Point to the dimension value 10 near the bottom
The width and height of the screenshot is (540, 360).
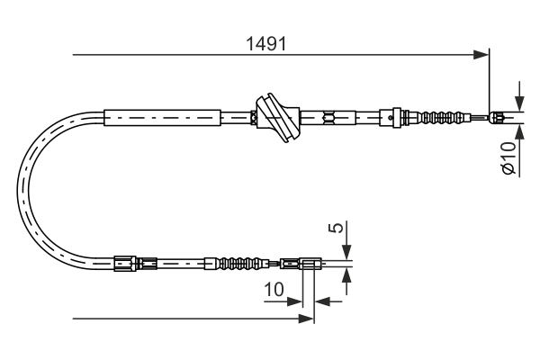[275, 290]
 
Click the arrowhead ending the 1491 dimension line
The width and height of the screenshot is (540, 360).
[482, 56]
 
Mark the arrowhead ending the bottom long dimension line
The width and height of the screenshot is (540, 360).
[307, 318]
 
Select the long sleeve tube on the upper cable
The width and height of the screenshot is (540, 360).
[162, 116]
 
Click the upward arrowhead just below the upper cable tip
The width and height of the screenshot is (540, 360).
[518, 127]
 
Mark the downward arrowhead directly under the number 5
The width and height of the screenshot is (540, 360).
[347, 253]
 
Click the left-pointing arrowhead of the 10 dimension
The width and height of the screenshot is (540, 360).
[323, 301]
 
